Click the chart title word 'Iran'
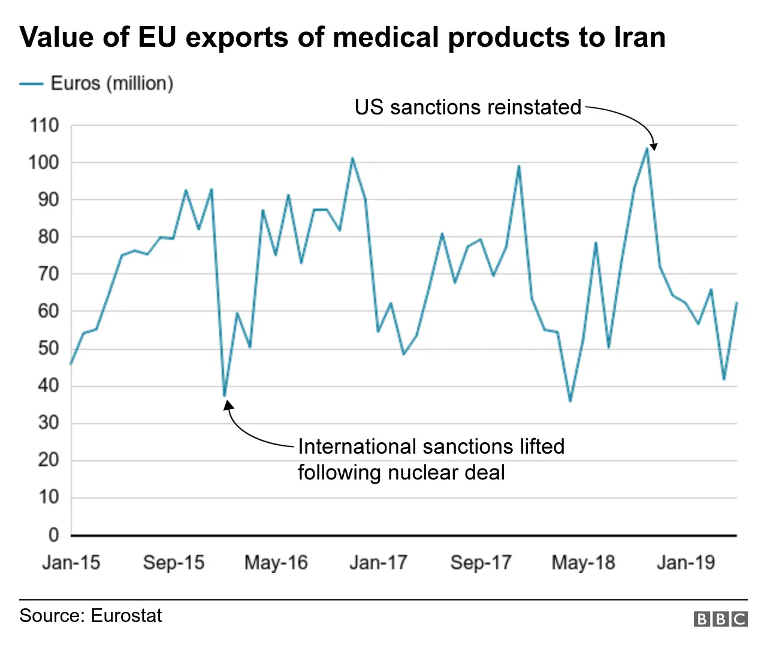639,37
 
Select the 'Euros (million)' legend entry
111,83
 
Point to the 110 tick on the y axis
44,126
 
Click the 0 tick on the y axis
53,535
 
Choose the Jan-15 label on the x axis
71,563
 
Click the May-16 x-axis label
276,563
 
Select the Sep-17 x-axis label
481,563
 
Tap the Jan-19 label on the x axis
686,563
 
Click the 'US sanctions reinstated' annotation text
467,107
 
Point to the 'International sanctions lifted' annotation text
431,447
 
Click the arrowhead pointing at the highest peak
654,146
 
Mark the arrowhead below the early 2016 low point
228,406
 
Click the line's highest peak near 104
647,148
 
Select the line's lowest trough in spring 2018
570,401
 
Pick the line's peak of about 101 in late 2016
352,158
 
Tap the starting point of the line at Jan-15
71,364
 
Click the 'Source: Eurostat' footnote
90,616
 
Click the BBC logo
720,619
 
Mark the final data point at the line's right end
736,303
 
